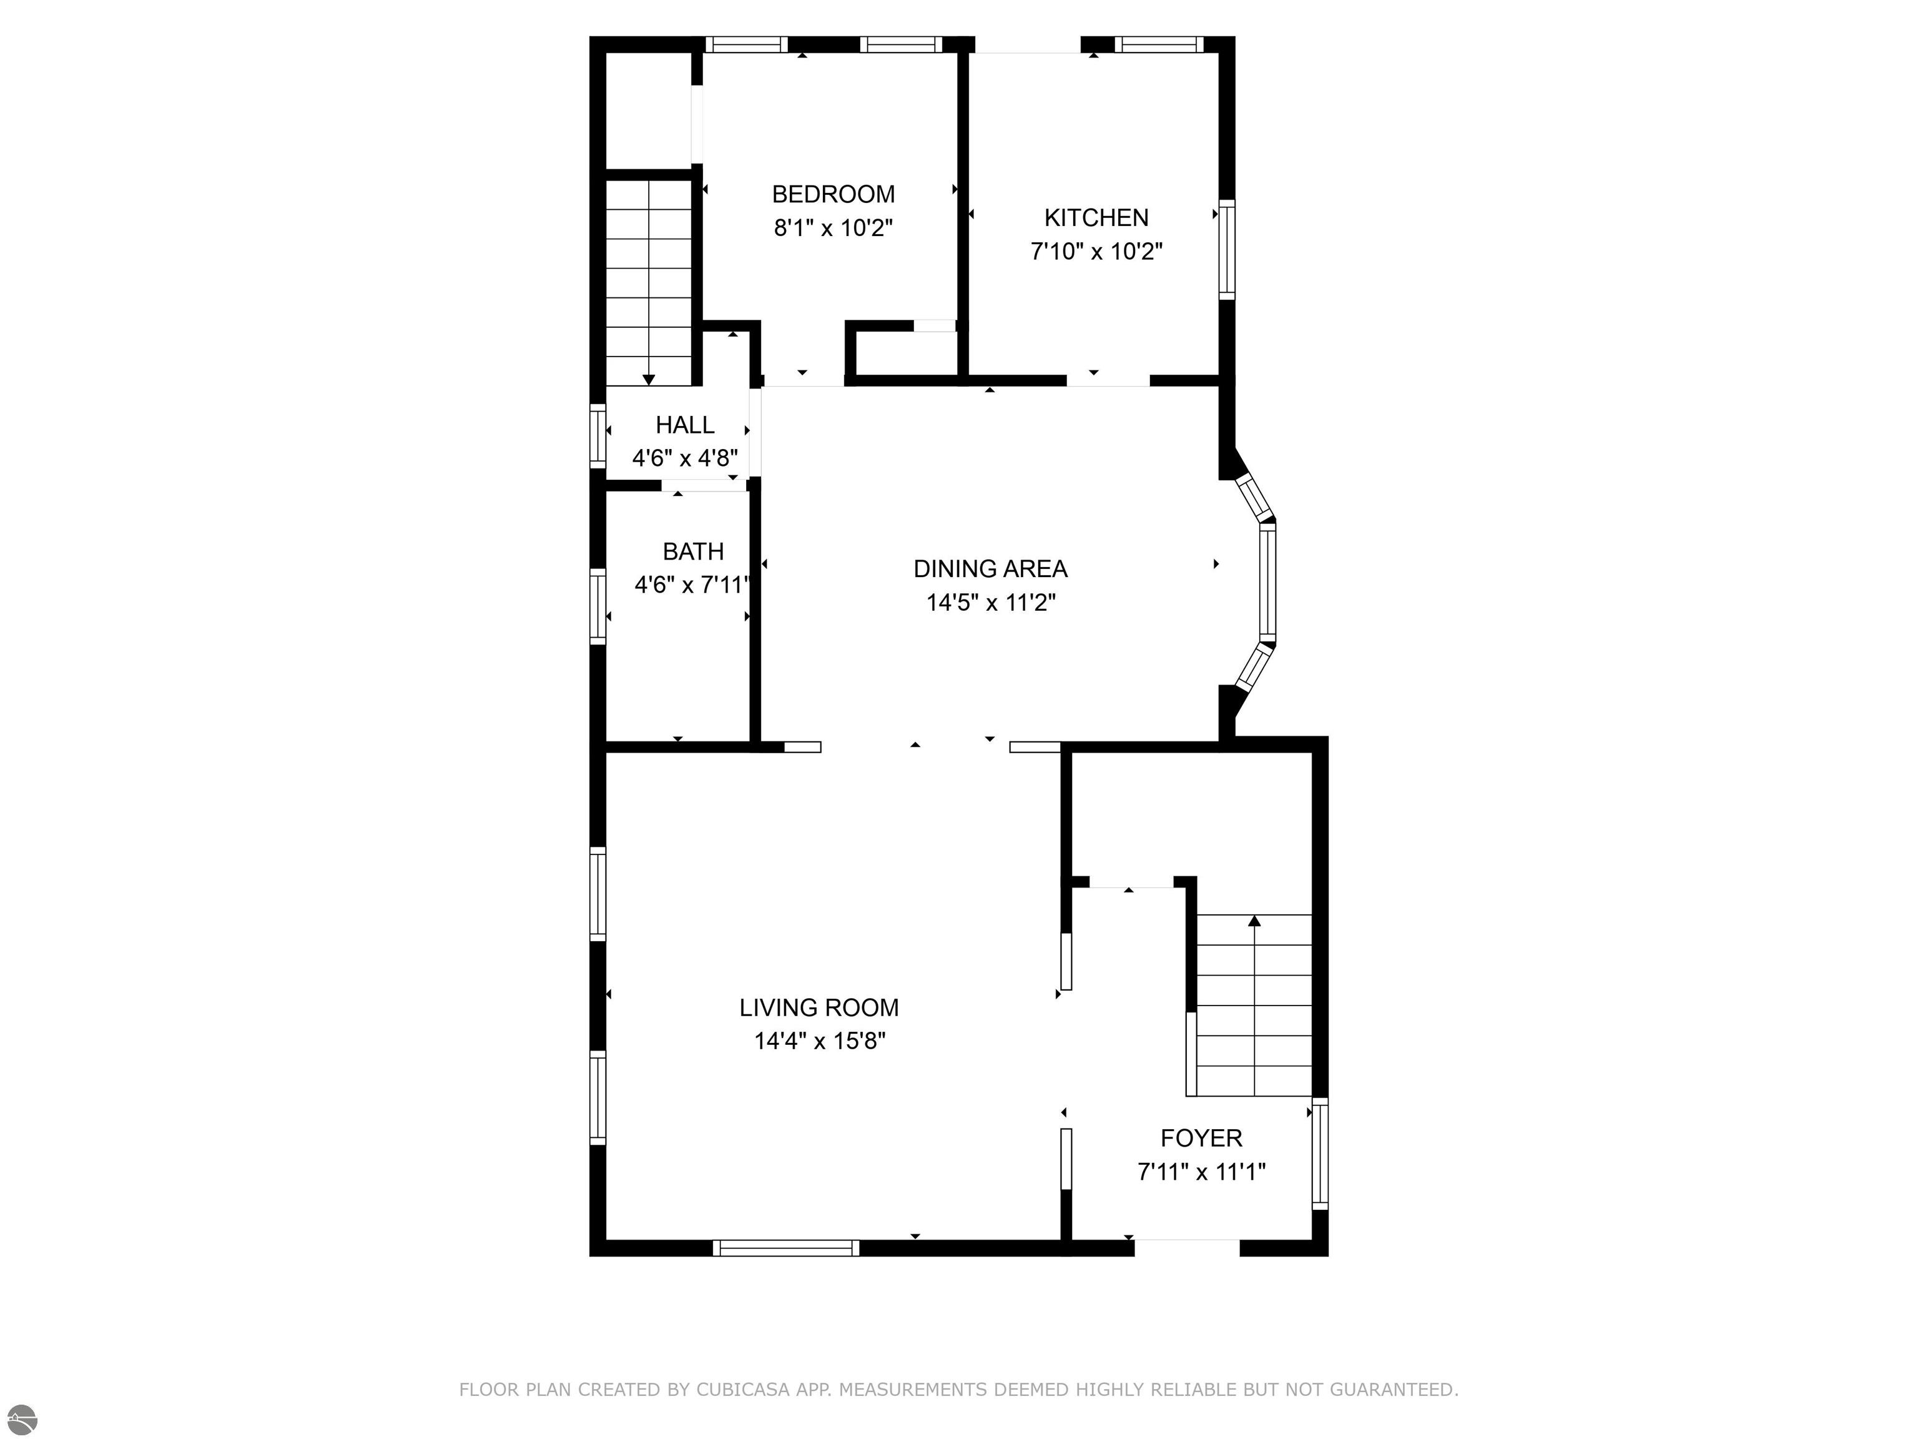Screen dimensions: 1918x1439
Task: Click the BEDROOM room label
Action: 834,194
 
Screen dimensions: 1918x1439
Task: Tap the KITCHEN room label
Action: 1096,218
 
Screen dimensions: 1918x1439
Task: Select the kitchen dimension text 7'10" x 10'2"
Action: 1096,252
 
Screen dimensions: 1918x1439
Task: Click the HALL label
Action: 685,425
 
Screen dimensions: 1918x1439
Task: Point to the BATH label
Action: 693,551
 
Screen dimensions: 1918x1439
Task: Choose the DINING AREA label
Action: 990,569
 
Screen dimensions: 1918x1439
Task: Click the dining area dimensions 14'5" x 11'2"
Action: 990,602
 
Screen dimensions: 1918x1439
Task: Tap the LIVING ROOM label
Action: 819,1008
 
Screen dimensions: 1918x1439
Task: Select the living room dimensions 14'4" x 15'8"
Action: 819,1041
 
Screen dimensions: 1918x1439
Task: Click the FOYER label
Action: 1201,1138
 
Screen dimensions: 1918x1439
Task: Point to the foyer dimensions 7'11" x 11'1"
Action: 1201,1172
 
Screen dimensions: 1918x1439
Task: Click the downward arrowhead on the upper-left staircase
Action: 649,380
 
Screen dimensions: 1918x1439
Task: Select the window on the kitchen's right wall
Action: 1226,250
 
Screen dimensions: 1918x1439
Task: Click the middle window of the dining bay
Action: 1267,581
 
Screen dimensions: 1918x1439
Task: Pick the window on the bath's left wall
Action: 598,606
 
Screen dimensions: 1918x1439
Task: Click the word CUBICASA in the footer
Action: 743,1390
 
